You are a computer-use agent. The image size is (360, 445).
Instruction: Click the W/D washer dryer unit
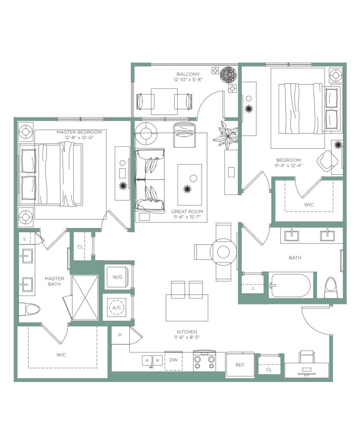tap(117, 277)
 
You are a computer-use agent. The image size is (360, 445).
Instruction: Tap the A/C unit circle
tap(116, 307)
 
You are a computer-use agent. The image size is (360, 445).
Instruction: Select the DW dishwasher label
tap(173, 359)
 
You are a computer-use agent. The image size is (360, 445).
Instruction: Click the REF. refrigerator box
tap(240, 365)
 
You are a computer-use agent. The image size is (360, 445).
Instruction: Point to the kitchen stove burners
tap(204, 362)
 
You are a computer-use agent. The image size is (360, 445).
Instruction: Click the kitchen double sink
tap(152, 360)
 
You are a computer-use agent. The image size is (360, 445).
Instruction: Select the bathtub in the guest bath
tap(290, 286)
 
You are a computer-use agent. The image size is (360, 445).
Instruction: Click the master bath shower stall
tap(85, 298)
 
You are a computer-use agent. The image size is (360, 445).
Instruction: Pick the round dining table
tap(223, 252)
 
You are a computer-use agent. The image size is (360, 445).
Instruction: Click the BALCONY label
tap(188, 74)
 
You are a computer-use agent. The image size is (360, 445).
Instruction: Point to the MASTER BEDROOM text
tap(79, 132)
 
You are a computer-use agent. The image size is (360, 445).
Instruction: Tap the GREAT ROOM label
tap(187, 212)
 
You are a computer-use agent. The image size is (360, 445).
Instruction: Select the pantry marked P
tap(120, 335)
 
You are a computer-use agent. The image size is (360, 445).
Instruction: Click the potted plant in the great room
tap(226, 134)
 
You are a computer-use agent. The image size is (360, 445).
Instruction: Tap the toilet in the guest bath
tap(331, 287)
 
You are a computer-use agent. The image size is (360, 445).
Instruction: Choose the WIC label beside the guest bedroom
tap(309, 204)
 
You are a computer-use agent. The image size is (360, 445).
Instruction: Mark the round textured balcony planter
tap(228, 75)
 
